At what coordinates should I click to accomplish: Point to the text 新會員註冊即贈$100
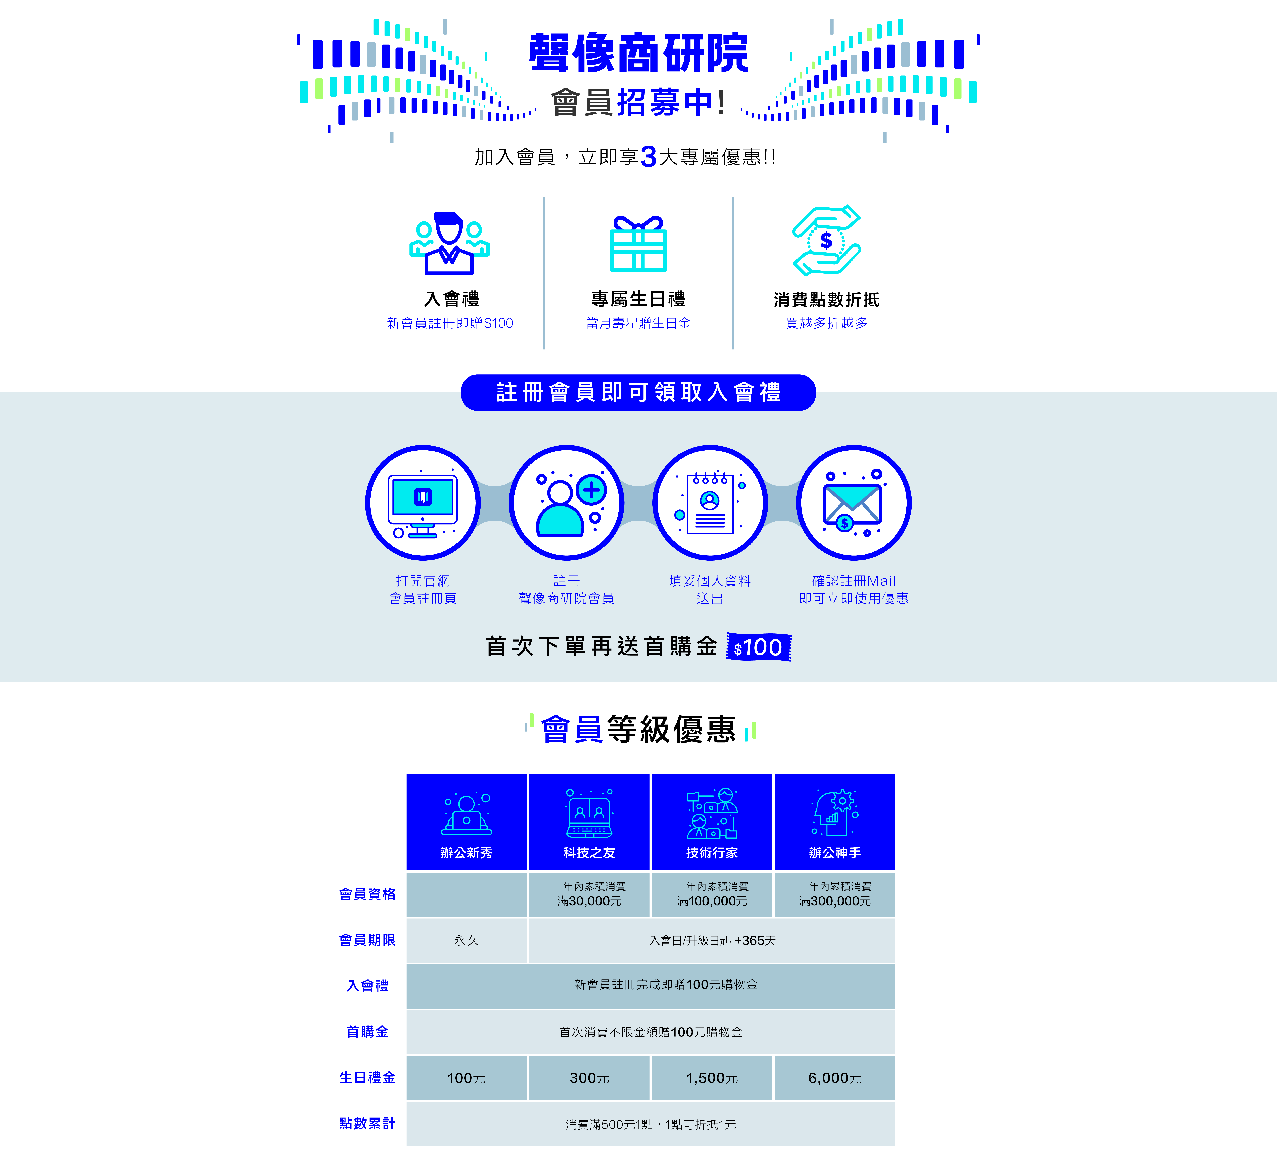pos(450,323)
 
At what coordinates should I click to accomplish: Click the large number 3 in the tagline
pos(648,156)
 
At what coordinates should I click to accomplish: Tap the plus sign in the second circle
pos(592,490)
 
